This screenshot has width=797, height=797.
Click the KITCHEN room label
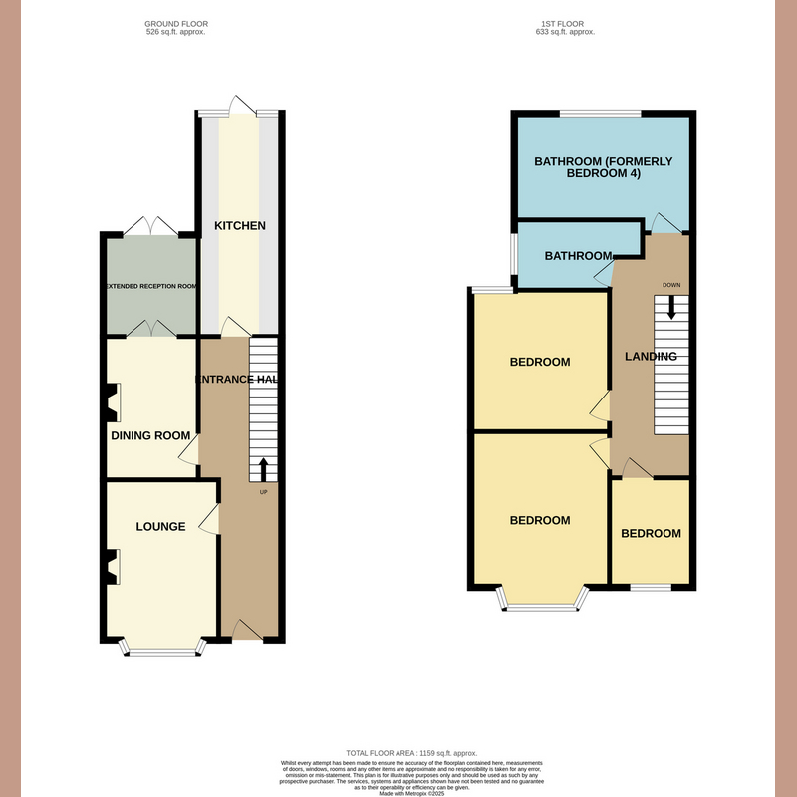[240, 226]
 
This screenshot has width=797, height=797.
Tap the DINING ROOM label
[150, 434]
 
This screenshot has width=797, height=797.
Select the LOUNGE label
[160, 526]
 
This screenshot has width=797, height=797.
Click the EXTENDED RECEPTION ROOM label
[151, 286]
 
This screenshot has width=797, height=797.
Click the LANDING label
[651, 357]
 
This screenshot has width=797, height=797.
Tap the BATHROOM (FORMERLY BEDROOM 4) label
[604, 167]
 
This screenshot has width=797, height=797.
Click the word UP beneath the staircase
[263, 493]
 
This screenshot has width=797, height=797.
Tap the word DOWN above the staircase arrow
[671, 285]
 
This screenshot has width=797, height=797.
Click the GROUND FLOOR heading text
[177, 23]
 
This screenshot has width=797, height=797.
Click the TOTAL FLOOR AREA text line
[398, 754]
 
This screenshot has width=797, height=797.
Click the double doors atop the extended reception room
[151, 228]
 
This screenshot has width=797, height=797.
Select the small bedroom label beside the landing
[651, 534]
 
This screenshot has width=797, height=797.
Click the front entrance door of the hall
[244, 630]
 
